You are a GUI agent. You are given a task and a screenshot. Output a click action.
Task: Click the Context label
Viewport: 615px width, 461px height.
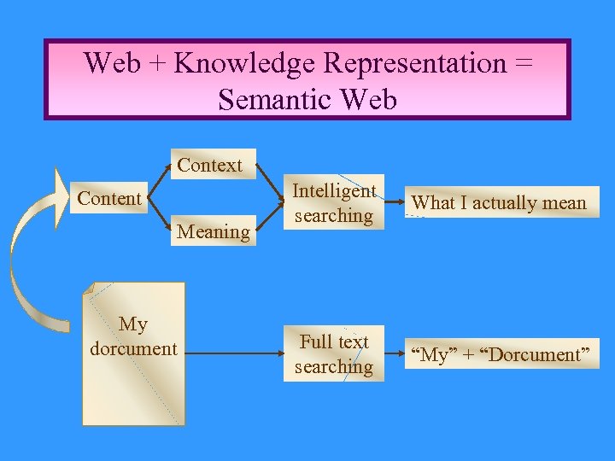coord(209,165)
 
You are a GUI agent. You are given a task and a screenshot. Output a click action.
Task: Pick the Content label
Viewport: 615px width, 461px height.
coord(109,199)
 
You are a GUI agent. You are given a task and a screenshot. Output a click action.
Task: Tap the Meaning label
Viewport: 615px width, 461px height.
coord(213,231)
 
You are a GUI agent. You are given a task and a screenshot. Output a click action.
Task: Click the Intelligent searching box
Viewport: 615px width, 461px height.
coord(333,204)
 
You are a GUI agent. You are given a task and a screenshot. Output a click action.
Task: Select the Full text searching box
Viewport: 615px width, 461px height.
coord(333,354)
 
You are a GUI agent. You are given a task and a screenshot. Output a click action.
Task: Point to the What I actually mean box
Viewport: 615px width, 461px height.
coord(499,203)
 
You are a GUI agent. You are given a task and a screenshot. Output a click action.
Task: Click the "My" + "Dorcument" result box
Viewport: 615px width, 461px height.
coord(501,354)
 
